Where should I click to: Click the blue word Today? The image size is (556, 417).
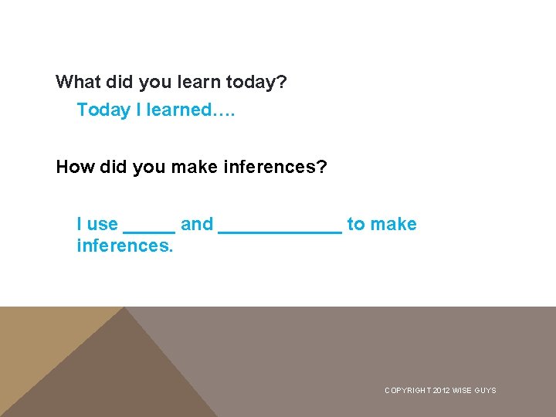tap(103, 110)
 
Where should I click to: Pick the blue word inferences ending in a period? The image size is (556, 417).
tap(125, 246)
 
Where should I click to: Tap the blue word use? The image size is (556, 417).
tap(102, 224)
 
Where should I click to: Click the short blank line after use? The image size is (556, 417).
tap(149, 229)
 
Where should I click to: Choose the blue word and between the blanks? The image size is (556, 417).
tap(197, 224)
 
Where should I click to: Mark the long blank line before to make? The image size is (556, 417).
tap(280, 229)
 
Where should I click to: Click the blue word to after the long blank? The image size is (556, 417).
tap(356, 224)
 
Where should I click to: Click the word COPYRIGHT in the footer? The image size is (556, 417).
tap(408, 391)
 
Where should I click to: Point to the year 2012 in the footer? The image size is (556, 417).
tap(442, 391)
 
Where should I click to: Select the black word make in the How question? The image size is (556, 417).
tap(192, 167)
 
